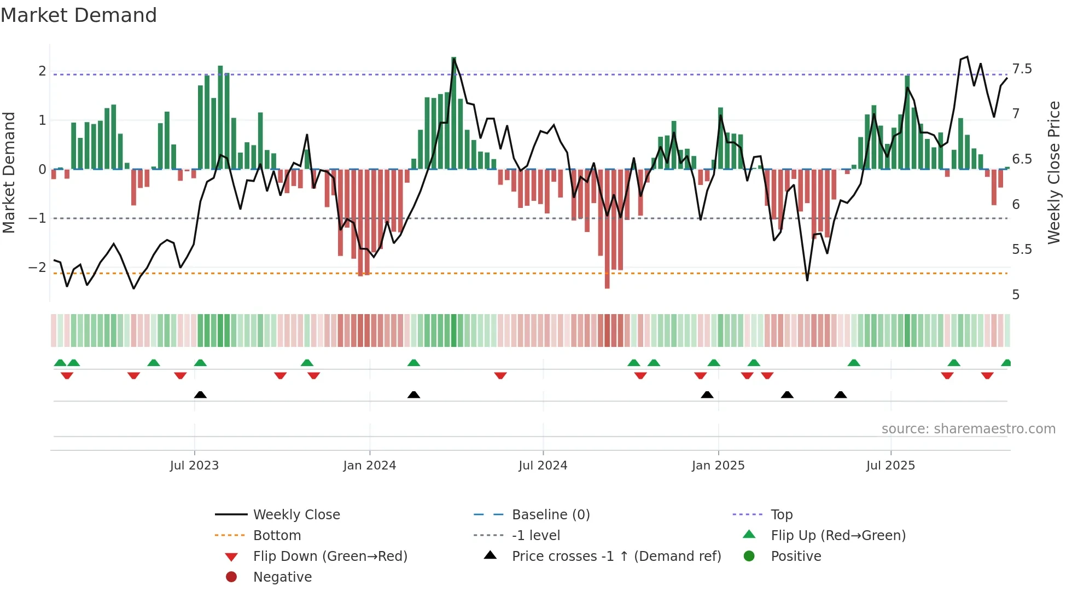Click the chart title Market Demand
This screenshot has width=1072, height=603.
point(79,15)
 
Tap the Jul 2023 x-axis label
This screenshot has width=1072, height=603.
point(194,466)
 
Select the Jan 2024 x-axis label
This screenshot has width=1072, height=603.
point(369,466)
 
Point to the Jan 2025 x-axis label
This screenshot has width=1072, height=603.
point(718,466)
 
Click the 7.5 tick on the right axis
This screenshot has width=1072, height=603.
point(1021,69)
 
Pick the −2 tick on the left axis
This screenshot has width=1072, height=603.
point(37,268)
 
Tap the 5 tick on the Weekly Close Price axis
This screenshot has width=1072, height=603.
point(1016,295)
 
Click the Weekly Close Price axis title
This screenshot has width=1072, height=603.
point(1053,172)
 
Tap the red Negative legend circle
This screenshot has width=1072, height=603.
point(231,577)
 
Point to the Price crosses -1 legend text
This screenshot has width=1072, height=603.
point(616,556)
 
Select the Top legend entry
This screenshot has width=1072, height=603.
point(781,515)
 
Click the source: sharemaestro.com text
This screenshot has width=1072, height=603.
point(968,429)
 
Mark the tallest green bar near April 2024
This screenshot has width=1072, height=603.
point(453,113)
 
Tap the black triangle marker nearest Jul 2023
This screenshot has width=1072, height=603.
point(200,395)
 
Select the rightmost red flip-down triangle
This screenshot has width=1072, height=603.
point(987,376)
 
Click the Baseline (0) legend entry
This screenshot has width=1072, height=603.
point(550,515)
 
